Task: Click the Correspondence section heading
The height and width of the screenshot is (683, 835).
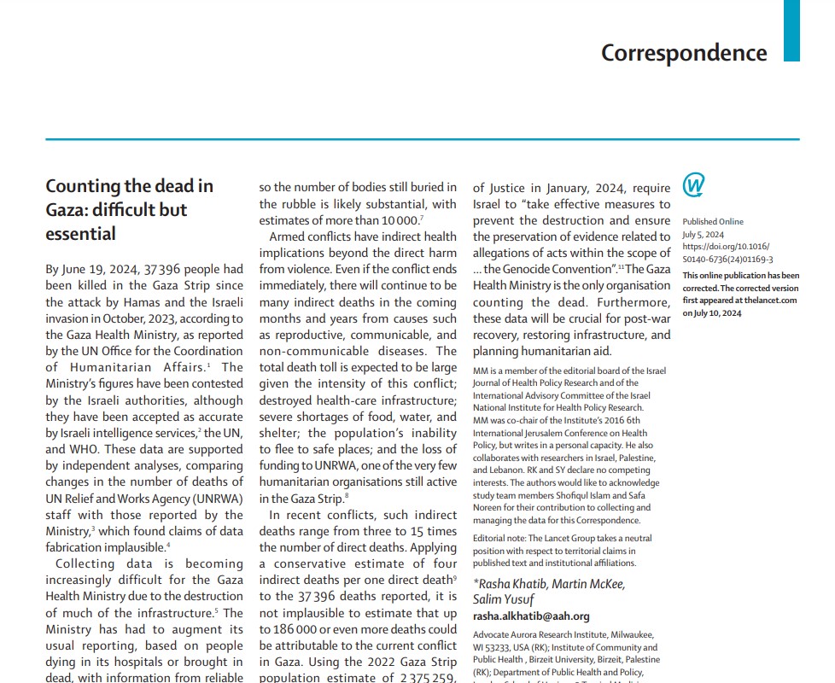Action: (x=684, y=53)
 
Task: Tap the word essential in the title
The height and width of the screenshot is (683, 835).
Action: (x=80, y=233)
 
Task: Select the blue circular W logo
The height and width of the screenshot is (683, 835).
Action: (x=694, y=185)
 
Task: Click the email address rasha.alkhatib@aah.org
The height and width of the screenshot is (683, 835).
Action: (x=531, y=616)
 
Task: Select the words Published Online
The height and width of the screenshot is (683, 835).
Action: (x=713, y=222)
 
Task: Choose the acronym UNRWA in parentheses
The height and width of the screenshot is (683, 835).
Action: (x=219, y=499)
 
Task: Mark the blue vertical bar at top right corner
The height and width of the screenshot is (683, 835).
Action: (x=791, y=30)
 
